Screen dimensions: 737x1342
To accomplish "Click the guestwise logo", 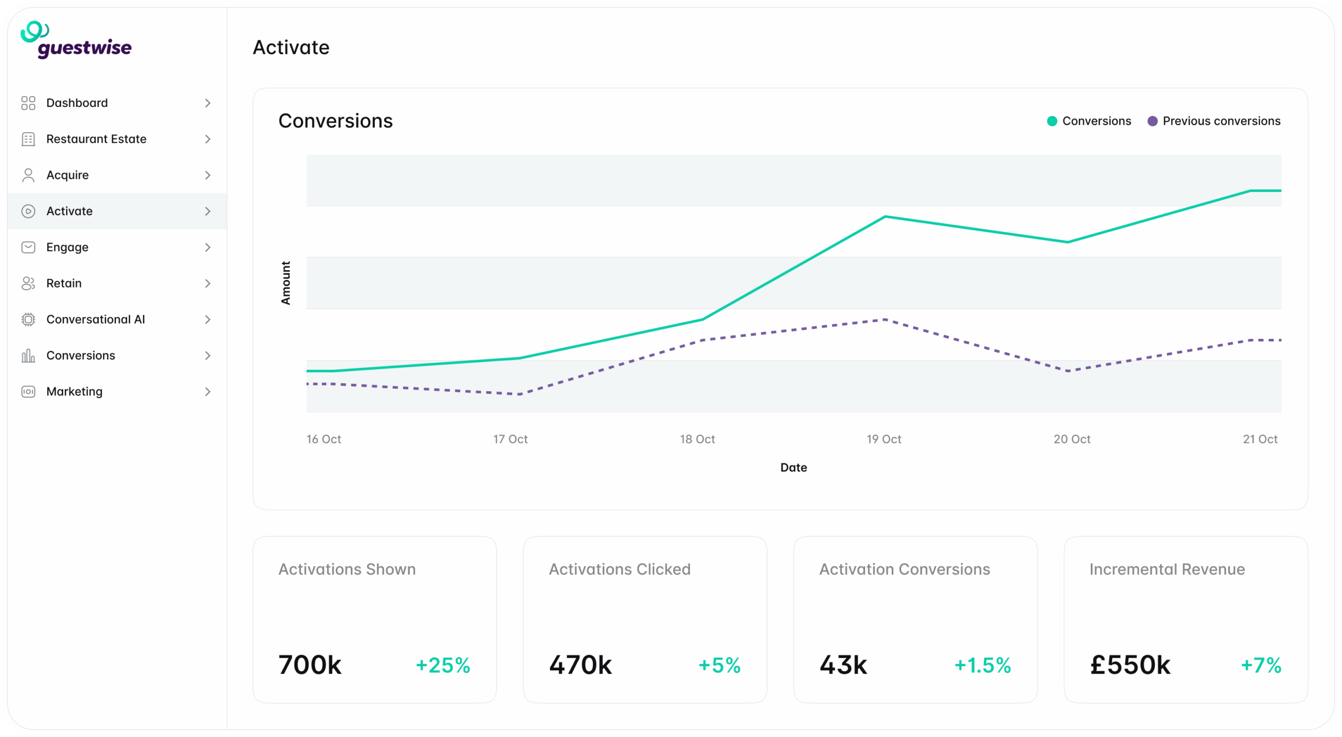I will (77, 40).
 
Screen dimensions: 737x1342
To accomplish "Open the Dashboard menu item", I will (77, 103).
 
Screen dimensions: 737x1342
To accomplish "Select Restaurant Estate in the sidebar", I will (96, 139).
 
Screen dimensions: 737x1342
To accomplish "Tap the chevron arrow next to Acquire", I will (208, 175).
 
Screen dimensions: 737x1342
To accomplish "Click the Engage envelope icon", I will (28, 247).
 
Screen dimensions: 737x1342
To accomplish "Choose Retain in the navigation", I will (64, 283).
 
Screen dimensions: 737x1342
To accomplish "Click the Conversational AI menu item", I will (95, 319).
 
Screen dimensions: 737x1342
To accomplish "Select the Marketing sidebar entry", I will (74, 391).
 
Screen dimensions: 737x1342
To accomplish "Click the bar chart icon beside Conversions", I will (28, 356).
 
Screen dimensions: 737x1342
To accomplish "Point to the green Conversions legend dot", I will (1052, 121).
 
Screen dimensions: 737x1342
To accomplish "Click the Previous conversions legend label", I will (1221, 121).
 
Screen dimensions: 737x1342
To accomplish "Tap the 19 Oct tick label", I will (883, 439).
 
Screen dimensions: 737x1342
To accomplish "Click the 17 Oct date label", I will (510, 439).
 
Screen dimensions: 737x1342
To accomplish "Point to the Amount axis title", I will (286, 283).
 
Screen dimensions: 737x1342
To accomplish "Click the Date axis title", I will (793, 467).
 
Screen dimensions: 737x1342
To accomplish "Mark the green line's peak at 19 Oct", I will (885, 217).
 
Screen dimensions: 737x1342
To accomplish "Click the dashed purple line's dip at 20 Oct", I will (1068, 371).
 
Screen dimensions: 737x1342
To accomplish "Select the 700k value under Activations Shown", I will (310, 665).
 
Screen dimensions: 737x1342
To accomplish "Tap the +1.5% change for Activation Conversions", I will (982, 665).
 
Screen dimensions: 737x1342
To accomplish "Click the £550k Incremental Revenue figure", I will (1130, 665).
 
